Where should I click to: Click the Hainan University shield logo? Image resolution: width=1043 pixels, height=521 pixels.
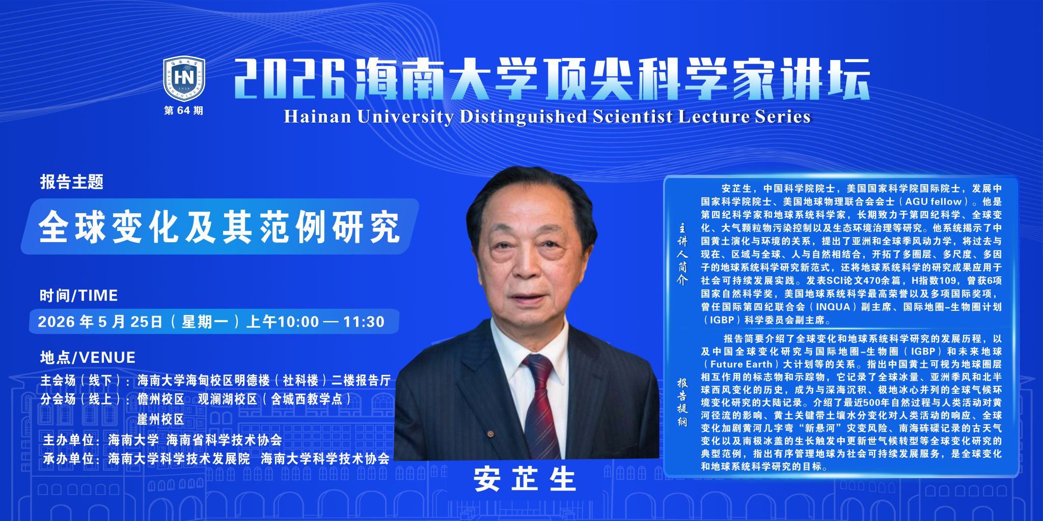(184, 79)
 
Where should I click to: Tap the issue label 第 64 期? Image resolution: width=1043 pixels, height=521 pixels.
(183, 110)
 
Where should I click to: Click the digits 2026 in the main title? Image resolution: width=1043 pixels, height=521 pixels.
(290, 79)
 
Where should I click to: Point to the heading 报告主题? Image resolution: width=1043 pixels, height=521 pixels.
(72, 182)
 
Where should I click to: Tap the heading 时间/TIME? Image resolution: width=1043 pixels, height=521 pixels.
(79, 295)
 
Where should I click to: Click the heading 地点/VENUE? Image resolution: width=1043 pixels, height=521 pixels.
(88, 357)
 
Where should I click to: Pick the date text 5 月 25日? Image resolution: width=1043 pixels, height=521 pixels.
(130, 322)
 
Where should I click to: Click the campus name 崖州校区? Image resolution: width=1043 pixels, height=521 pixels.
(160, 419)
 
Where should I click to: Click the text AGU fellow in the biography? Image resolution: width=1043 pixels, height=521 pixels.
(932, 201)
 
